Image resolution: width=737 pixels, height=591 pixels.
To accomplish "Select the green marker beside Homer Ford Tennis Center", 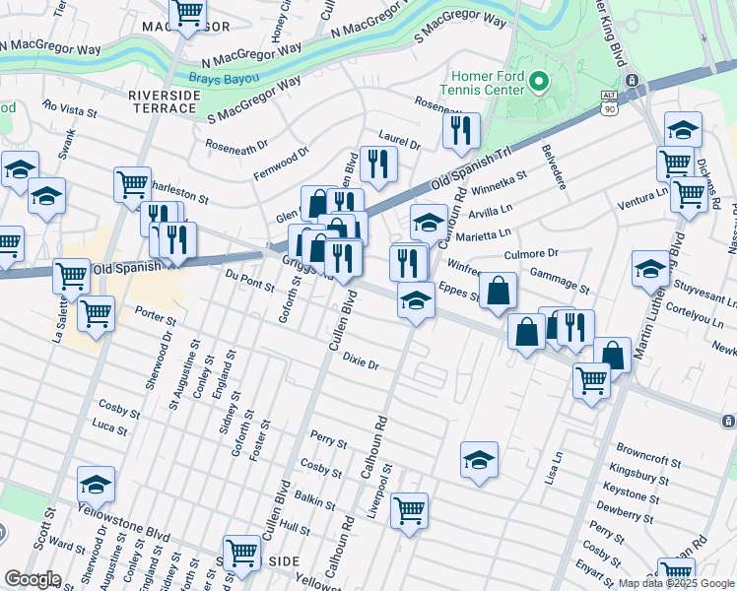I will (538, 81).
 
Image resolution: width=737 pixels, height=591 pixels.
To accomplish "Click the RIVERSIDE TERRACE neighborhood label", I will (165, 101).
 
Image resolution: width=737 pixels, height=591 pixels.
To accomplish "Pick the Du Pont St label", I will (247, 280).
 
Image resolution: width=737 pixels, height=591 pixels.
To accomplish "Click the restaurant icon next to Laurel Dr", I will (460, 130).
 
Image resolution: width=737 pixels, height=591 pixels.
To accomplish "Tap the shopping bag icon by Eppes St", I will (500, 290).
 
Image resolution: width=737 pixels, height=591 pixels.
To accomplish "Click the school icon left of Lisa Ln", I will (479, 459).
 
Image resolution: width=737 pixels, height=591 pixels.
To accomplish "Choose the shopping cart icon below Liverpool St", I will (409, 510).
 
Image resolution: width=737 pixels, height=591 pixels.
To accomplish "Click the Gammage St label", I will (559, 282).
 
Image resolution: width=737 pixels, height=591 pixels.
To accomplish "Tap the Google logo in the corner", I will (33, 579).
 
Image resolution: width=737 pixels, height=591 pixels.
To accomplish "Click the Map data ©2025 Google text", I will (676, 583).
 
